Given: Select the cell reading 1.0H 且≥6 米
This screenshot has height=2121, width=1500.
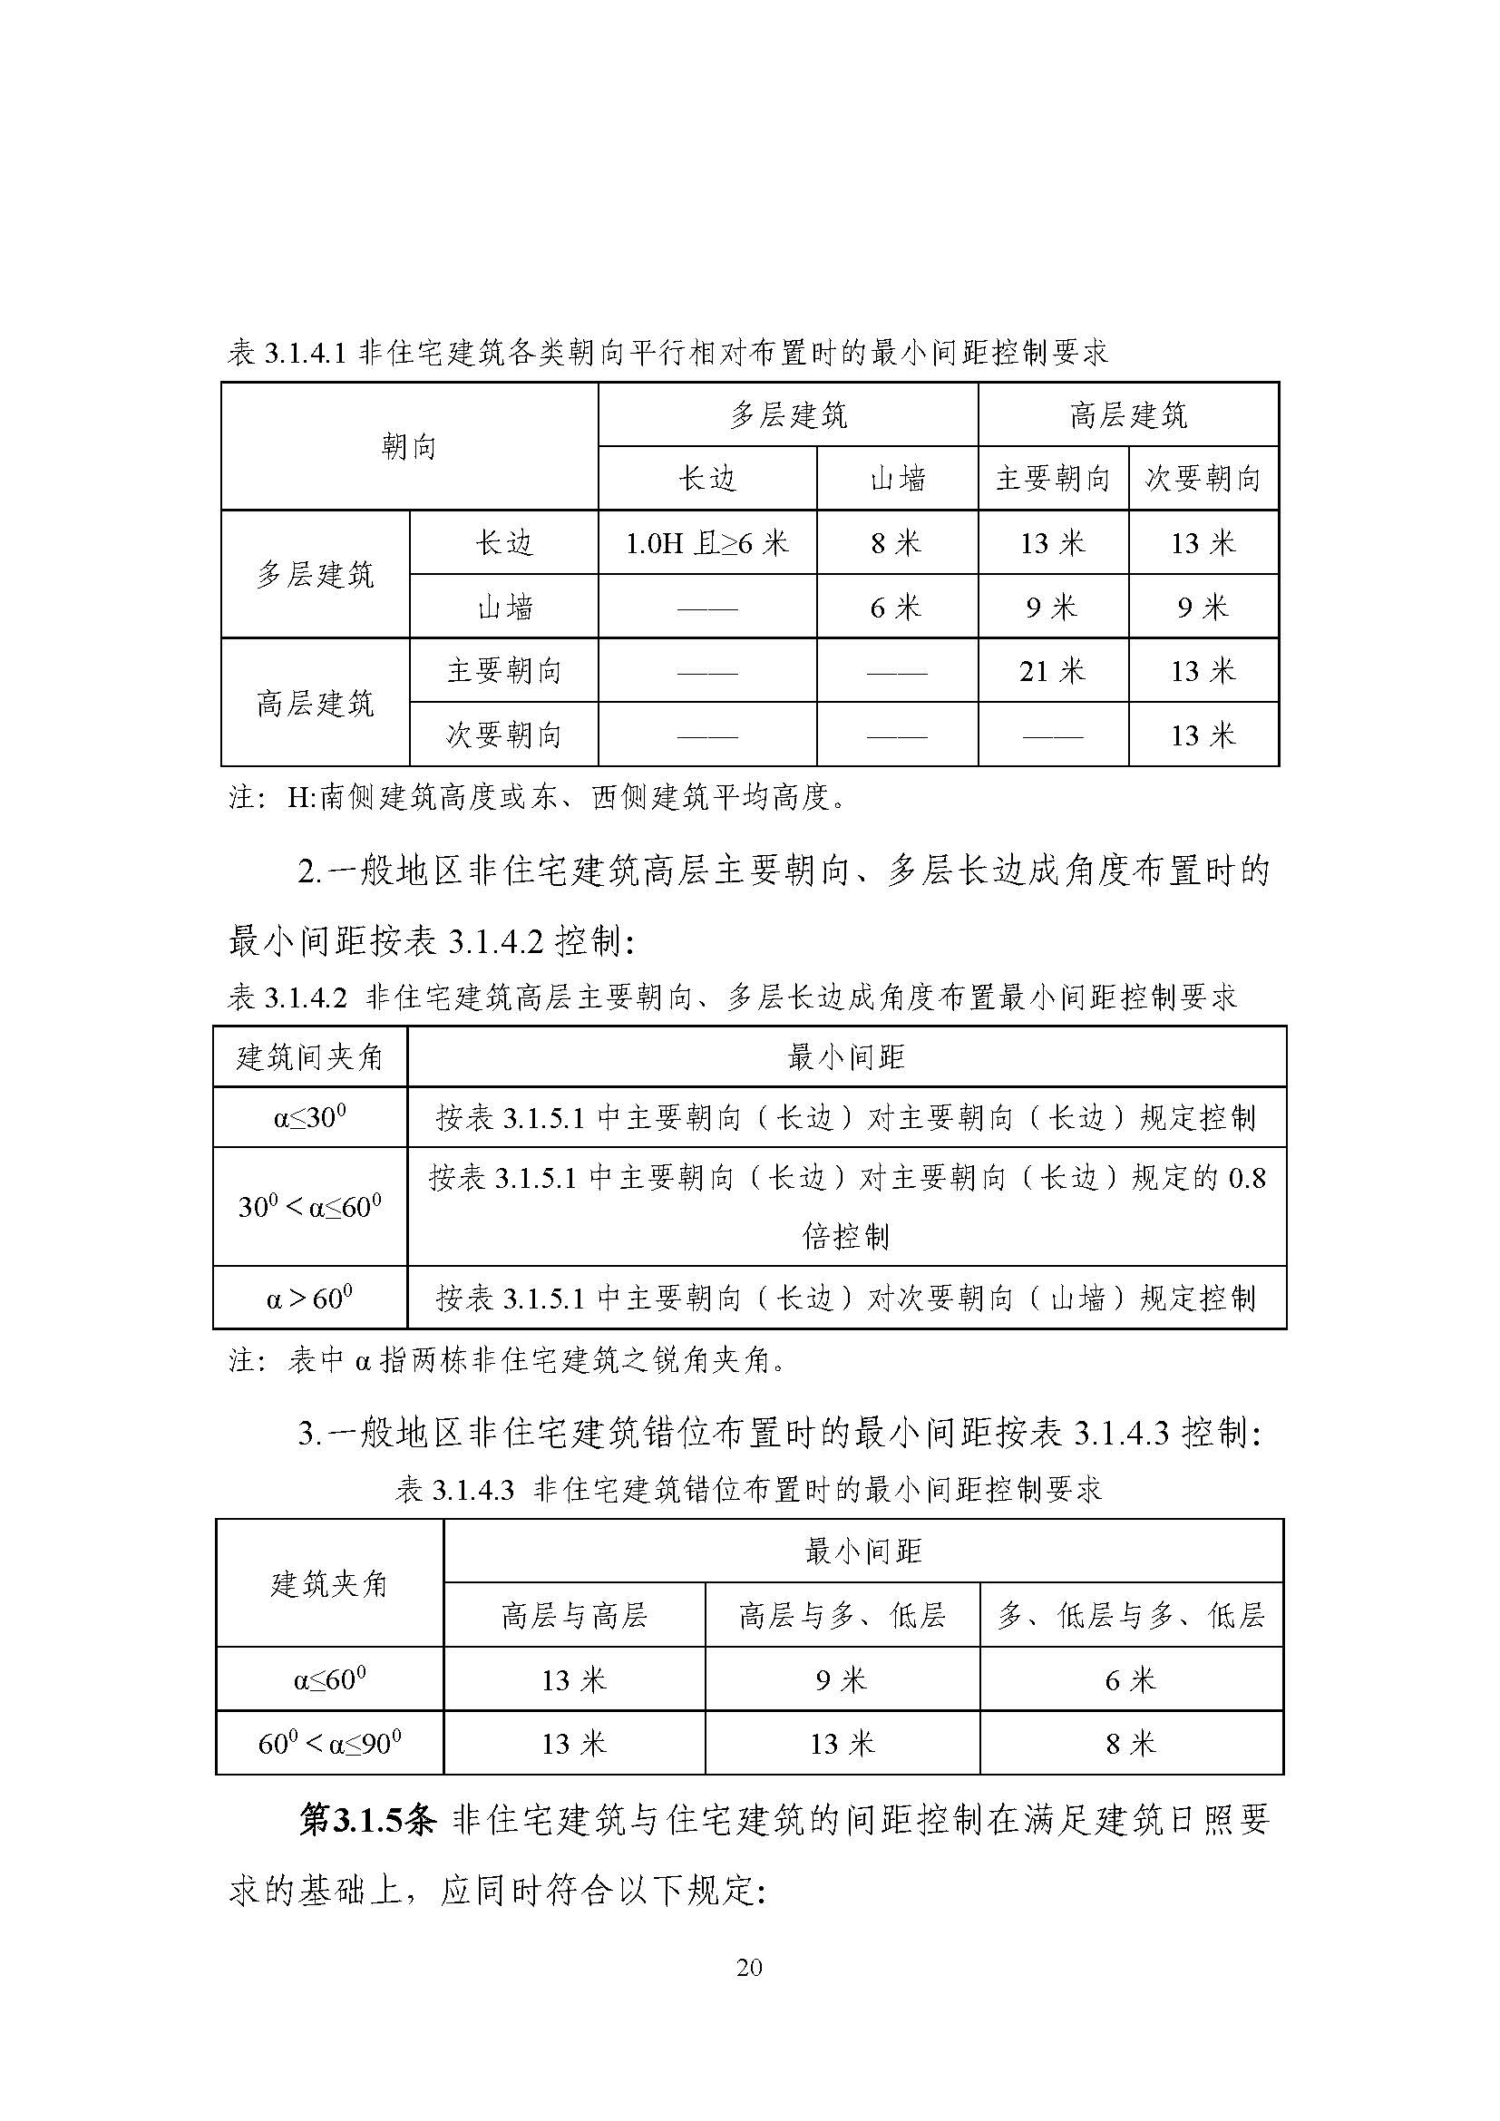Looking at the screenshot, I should pyautogui.click(x=706, y=543).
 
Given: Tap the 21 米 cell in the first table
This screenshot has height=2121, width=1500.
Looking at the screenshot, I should pyautogui.click(x=1052, y=671).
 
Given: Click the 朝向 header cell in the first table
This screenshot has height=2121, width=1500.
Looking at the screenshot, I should pyautogui.click(x=408, y=447).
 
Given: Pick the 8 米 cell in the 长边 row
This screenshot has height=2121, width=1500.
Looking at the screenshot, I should pyautogui.click(x=896, y=543).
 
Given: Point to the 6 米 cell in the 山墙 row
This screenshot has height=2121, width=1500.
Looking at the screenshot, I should pyautogui.click(x=896, y=607).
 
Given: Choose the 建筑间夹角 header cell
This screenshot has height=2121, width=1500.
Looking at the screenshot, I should pyautogui.click(x=309, y=1056).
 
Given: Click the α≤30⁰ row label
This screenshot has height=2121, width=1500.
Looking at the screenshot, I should pyautogui.click(x=309, y=1118).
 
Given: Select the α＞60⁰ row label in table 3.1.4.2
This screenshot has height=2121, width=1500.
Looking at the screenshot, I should pyautogui.click(x=309, y=1298).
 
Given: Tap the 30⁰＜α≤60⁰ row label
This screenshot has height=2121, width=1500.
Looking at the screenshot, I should pyautogui.click(x=309, y=1206).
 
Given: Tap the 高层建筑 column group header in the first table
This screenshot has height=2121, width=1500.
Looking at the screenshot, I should pyautogui.click(x=1128, y=415).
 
